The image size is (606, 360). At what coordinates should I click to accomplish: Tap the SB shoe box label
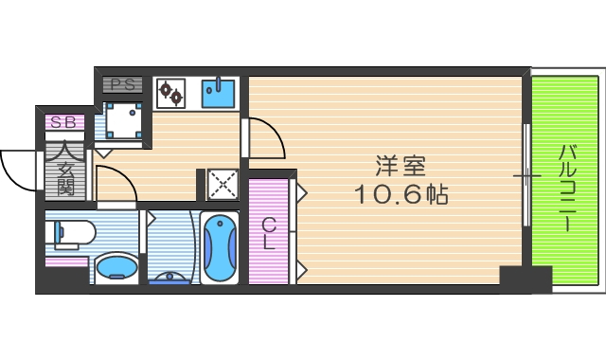coord(64,121)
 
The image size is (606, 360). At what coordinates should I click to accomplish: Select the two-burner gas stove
coord(172,93)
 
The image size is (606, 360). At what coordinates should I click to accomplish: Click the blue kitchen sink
coord(220,93)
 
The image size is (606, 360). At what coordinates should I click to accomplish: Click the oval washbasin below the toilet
coord(116,267)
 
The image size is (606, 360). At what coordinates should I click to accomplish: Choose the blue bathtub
coord(221,248)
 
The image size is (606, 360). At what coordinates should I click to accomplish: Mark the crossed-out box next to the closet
coord(223,183)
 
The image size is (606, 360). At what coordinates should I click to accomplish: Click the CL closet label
coord(269,232)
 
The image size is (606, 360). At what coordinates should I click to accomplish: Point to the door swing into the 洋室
coord(266,138)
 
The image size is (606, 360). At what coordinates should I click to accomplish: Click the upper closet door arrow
coord(301,193)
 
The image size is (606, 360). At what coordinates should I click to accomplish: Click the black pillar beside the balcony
coord(525,279)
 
